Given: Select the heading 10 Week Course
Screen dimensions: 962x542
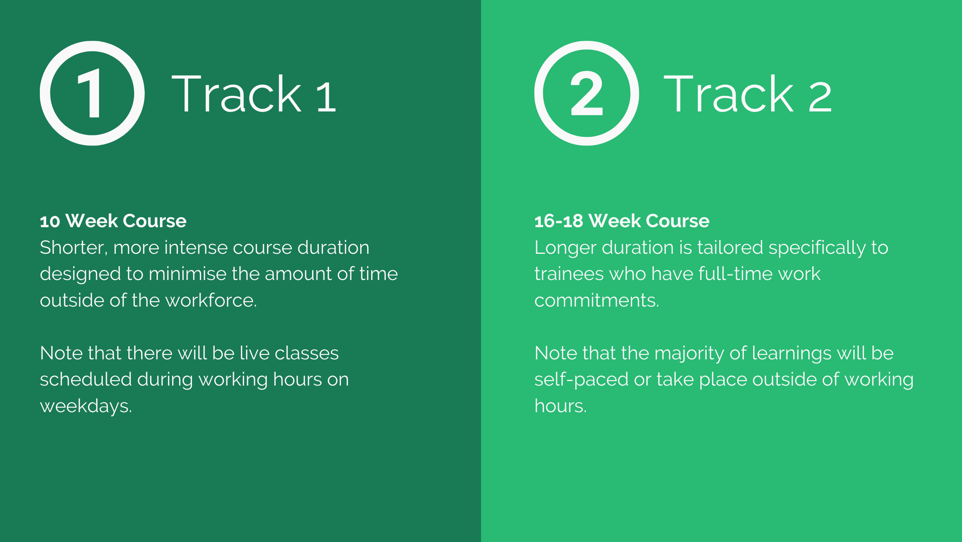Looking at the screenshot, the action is pyautogui.click(x=113, y=221).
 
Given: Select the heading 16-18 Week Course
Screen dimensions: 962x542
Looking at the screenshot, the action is pyautogui.click(x=622, y=221).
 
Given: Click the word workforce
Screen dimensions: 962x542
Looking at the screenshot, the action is pyautogui.click(x=211, y=300).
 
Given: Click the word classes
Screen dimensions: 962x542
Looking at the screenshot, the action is pyautogui.click(x=307, y=354).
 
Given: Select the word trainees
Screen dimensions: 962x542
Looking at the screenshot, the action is pyautogui.click(x=569, y=274).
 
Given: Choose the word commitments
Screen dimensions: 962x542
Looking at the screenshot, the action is pyautogui.click(x=597, y=301).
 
